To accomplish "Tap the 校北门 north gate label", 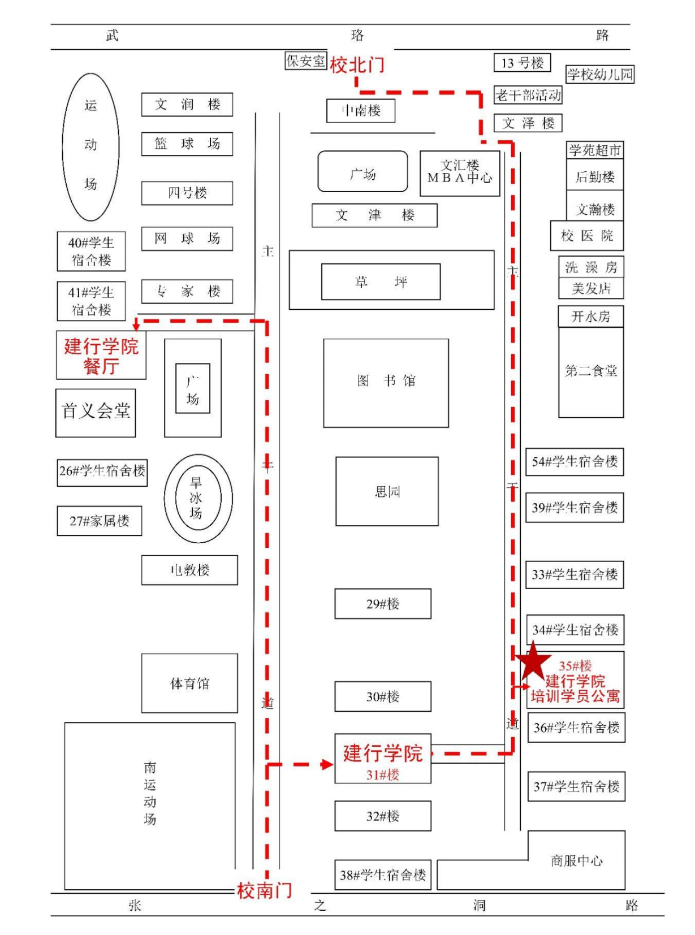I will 357,64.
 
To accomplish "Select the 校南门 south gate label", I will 264,890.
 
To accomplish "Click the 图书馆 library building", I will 386,383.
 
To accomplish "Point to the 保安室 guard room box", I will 305,60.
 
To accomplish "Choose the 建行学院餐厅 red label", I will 101,356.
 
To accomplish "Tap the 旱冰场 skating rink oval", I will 197,498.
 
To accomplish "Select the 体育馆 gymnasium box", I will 189,683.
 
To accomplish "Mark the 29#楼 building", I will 383,604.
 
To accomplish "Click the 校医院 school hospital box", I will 587,236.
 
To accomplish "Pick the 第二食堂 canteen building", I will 591,371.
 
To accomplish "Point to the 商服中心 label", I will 576,860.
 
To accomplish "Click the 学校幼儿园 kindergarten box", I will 600,74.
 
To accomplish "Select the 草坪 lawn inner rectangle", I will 381,282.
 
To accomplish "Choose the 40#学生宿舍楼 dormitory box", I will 91,251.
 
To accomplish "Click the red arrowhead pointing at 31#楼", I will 327,764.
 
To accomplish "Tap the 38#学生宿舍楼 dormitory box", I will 383,875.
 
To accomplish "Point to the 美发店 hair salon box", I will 591,288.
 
